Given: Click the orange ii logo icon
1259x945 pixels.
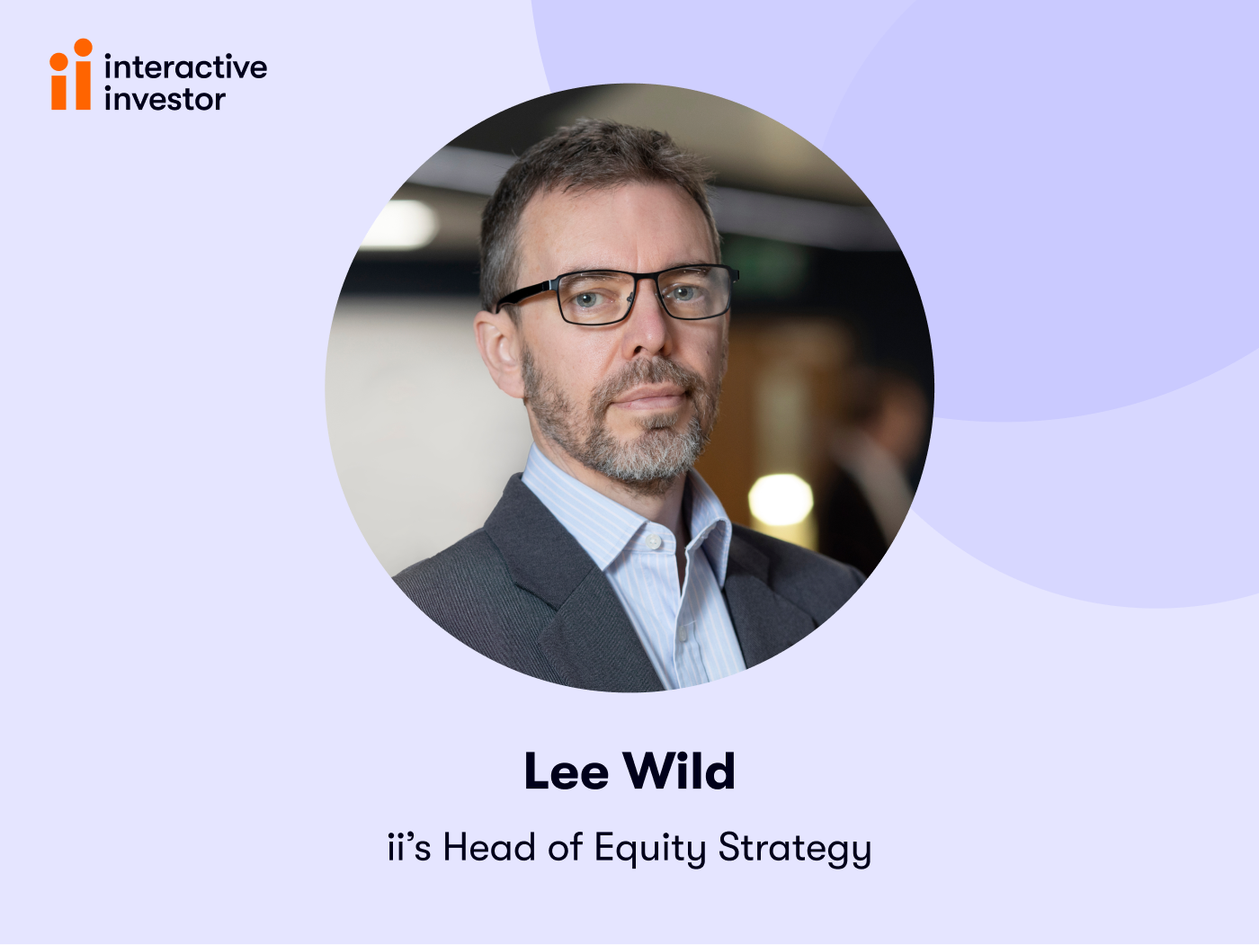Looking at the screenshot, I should (71, 76).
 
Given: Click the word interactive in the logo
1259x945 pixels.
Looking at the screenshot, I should (185, 67).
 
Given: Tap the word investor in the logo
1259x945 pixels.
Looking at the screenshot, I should (165, 99).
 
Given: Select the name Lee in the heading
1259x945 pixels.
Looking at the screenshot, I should (566, 771).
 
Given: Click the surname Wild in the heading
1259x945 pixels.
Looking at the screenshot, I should (680, 771).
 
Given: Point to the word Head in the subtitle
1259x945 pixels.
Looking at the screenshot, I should (489, 847).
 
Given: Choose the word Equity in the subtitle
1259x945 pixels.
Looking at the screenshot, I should (650, 849).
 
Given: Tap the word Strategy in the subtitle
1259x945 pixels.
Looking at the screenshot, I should (795, 849).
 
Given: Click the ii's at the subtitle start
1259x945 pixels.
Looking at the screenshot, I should (409, 847).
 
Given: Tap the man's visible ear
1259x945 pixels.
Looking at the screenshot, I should (497, 346).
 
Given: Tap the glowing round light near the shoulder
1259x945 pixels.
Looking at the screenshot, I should (781, 500).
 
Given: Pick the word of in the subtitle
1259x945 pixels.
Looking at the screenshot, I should (565, 847).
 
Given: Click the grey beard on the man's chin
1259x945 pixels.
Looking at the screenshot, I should (661, 445).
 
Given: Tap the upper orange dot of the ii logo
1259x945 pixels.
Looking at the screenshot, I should (83, 47).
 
